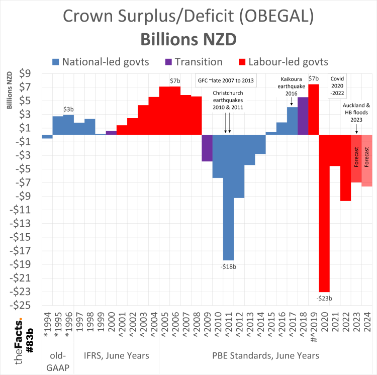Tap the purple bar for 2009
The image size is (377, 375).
pyautogui.click(x=207, y=148)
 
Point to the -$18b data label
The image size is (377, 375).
pyautogui.click(x=228, y=266)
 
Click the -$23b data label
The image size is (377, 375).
pyautogui.click(x=324, y=298)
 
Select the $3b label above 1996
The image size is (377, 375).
pyautogui.click(x=69, y=109)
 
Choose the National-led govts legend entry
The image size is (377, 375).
pyautogui.click(x=101, y=62)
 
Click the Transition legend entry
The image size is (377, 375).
pyautogui.click(x=194, y=62)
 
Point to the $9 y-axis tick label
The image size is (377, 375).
pyautogui.click(x=25, y=74)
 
